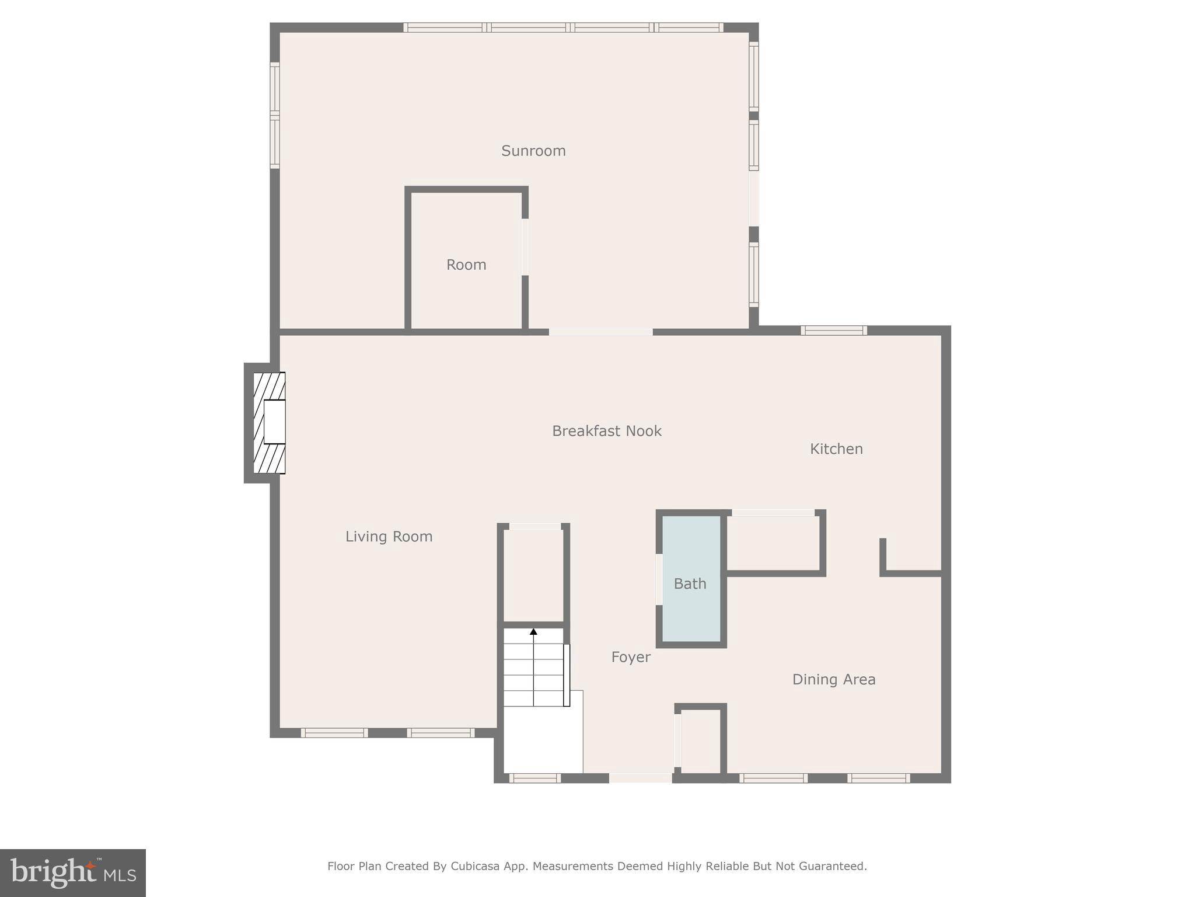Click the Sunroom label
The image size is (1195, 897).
533,151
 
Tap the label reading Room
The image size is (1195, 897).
466,265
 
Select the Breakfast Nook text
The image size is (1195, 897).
606,431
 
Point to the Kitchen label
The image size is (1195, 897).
836,448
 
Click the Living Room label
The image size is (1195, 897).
389,536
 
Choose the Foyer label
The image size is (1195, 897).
630,657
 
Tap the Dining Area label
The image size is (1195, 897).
833,679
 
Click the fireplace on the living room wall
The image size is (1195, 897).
269,422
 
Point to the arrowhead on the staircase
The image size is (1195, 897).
533,631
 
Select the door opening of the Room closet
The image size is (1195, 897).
525,246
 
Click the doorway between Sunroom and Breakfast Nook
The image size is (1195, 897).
600,332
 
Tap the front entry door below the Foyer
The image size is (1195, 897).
640,778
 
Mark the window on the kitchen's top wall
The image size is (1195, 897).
833,331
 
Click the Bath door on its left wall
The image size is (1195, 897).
659,579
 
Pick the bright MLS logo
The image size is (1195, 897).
73,873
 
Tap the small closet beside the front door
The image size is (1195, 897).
701,740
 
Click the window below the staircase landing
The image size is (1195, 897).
534,778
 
